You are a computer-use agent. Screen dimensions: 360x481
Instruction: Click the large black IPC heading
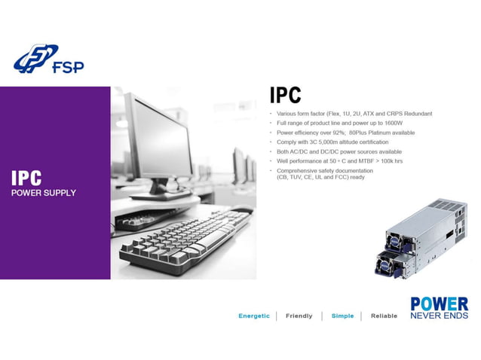click(x=286, y=96)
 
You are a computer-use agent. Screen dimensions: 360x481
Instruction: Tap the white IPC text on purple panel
click(x=26, y=178)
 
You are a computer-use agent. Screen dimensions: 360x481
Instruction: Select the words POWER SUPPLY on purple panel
click(x=43, y=193)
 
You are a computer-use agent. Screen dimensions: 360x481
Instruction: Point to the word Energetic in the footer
click(x=254, y=316)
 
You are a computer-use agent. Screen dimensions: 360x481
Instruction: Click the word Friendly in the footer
click(x=299, y=316)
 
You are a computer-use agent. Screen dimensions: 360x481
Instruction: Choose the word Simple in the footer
click(x=342, y=316)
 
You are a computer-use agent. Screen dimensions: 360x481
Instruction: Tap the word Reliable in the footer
click(x=384, y=316)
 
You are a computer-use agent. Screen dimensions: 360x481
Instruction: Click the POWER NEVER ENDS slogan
click(x=439, y=308)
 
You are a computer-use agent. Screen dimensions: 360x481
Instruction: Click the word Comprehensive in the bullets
click(x=298, y=171)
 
